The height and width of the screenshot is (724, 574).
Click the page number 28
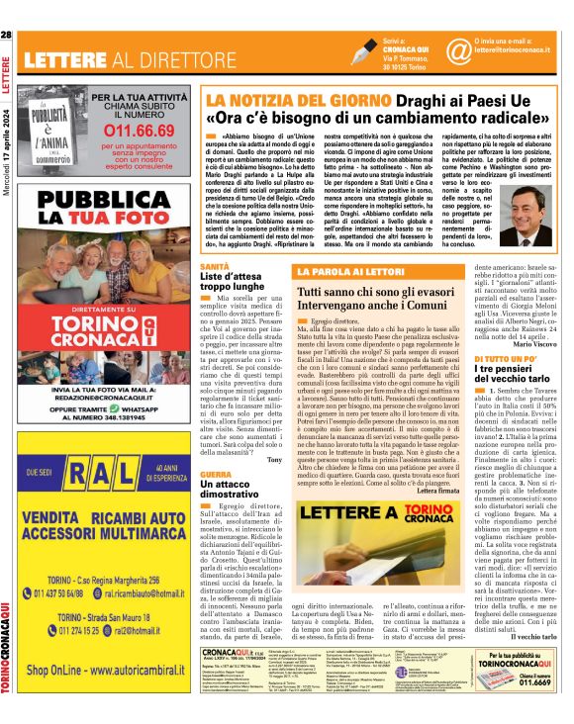coord(7,36)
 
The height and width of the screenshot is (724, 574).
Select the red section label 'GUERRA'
coord(216,475)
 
